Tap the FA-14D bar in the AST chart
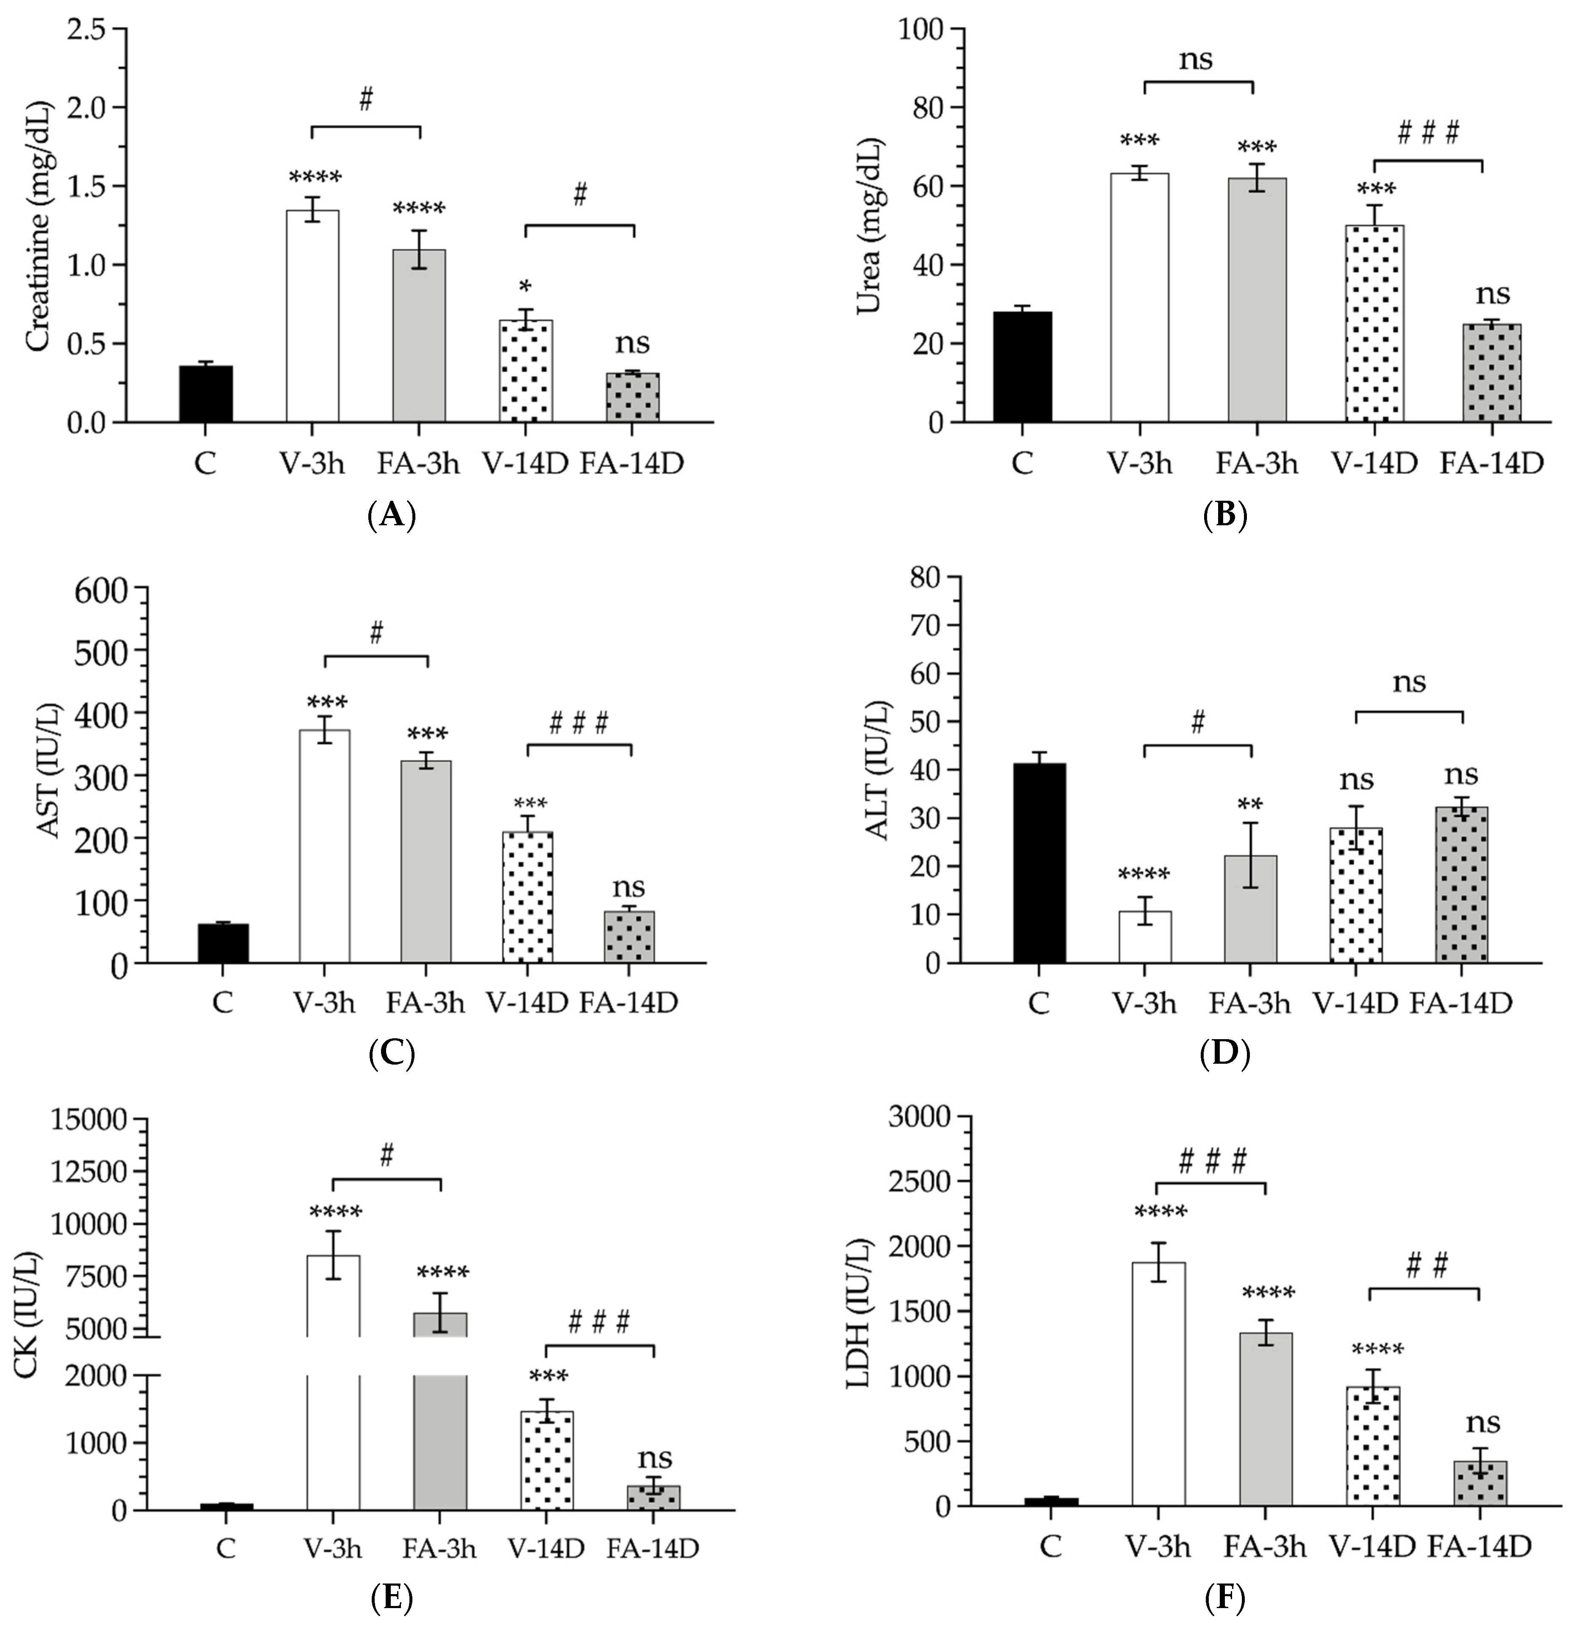click(629, 937)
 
